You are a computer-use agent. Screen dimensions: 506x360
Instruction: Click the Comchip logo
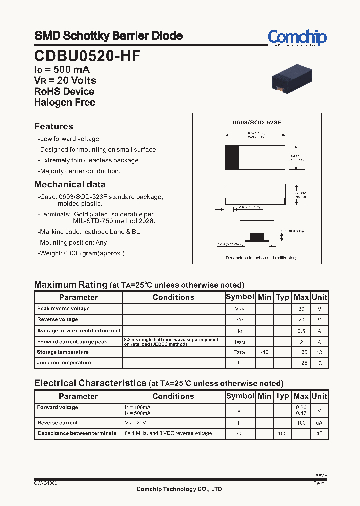pos(297,37)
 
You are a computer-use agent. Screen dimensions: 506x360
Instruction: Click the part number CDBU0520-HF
pos(87,56)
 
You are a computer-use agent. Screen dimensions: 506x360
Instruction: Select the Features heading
pos(54,126)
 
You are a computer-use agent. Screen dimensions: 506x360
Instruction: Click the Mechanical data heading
pos(70,184)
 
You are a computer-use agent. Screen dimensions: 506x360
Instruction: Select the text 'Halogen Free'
pos(64,102)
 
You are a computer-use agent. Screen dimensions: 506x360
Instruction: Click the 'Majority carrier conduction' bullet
pos(80,171)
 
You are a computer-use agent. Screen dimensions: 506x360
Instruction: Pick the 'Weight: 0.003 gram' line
pos(82,253)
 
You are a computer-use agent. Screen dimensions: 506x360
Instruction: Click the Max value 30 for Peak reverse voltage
pos(301,309)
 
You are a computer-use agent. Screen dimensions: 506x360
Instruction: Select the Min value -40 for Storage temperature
pos(264,352)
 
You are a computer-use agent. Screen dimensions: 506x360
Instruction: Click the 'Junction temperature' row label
pos(64,363)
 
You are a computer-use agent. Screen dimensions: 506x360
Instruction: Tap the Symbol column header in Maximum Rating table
pos(240,297)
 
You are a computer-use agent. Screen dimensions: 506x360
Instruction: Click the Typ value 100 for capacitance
pos(282,433)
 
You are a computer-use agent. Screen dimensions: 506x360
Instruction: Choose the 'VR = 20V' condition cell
pos(134,423)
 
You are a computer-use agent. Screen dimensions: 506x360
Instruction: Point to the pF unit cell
pos(319,433)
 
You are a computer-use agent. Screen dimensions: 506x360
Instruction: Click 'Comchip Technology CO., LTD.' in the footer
pos(180,489)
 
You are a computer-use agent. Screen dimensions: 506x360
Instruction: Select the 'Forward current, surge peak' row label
pos(72,342)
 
